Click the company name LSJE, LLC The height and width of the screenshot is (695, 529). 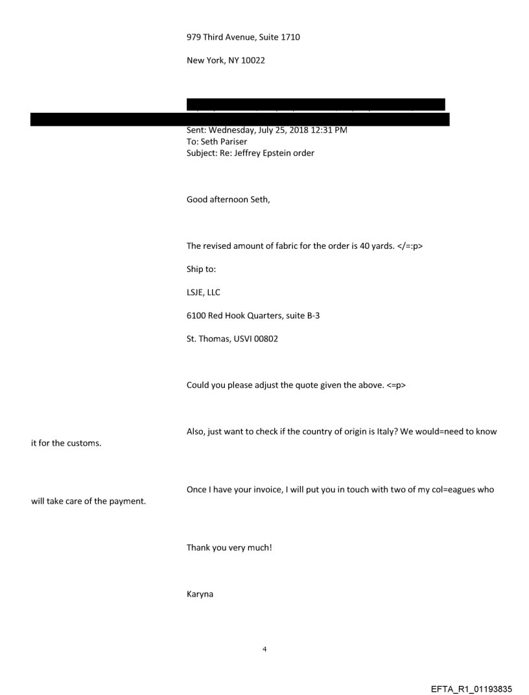tap(203, 293)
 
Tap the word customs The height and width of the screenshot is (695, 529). tap(82, 442)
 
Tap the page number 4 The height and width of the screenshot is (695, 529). tap(264, 648)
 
